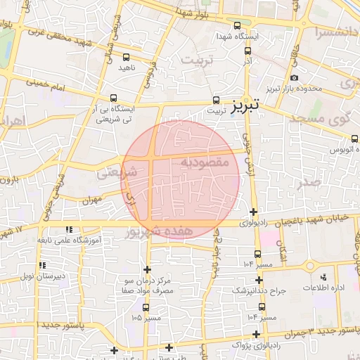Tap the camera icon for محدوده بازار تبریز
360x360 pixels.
tap(294, 77)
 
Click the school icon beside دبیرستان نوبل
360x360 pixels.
tap(43, 265)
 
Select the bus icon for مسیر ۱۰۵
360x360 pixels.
tap(146, 307)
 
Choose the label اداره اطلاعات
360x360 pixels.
tap(323, 288)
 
